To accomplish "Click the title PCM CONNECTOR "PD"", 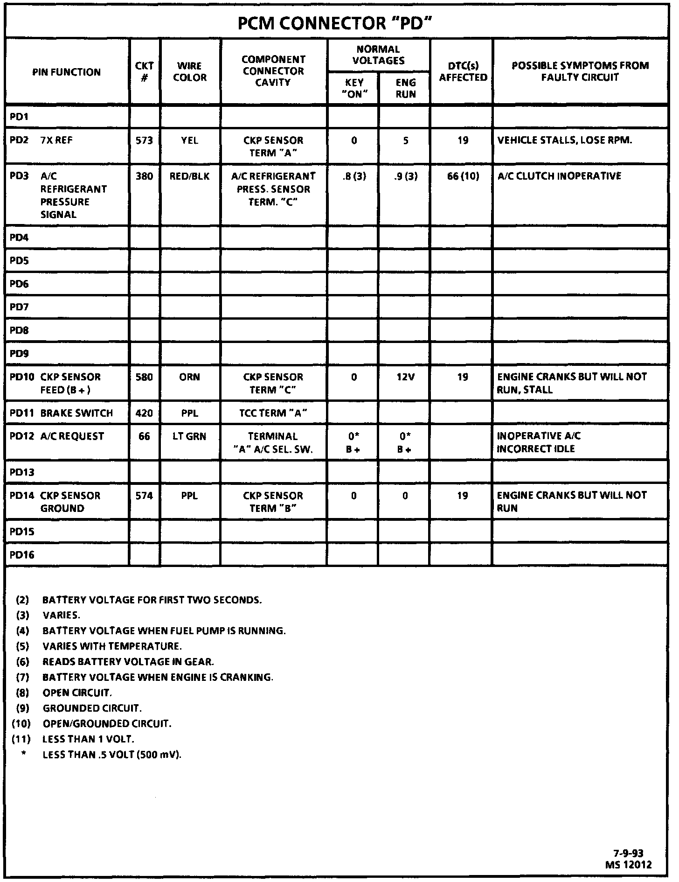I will pos(333,23).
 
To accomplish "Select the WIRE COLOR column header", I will pos(189,71).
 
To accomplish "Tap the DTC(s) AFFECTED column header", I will pos(463,71).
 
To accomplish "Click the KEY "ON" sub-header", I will pos(353,88).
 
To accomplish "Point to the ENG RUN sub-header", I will pos(405,88).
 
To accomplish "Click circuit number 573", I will pos(144,140).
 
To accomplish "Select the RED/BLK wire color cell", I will pos(189,176).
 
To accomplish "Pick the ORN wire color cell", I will pos(189,377).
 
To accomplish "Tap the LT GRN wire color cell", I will pos(189,436).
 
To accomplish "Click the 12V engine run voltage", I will pos(405,377).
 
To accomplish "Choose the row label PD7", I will pos(19,307).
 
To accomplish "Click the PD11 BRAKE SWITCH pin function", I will pos(62,413).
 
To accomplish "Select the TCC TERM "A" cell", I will pos(273,413).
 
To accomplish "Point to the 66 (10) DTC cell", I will pos(463,176).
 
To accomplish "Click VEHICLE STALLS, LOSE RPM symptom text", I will pos(565,140).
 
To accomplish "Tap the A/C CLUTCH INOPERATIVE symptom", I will pos(559,176).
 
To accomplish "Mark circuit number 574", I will pos(144,495).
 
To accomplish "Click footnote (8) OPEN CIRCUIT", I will pos(77,693).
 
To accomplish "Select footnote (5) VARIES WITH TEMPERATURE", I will pos(112,646).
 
